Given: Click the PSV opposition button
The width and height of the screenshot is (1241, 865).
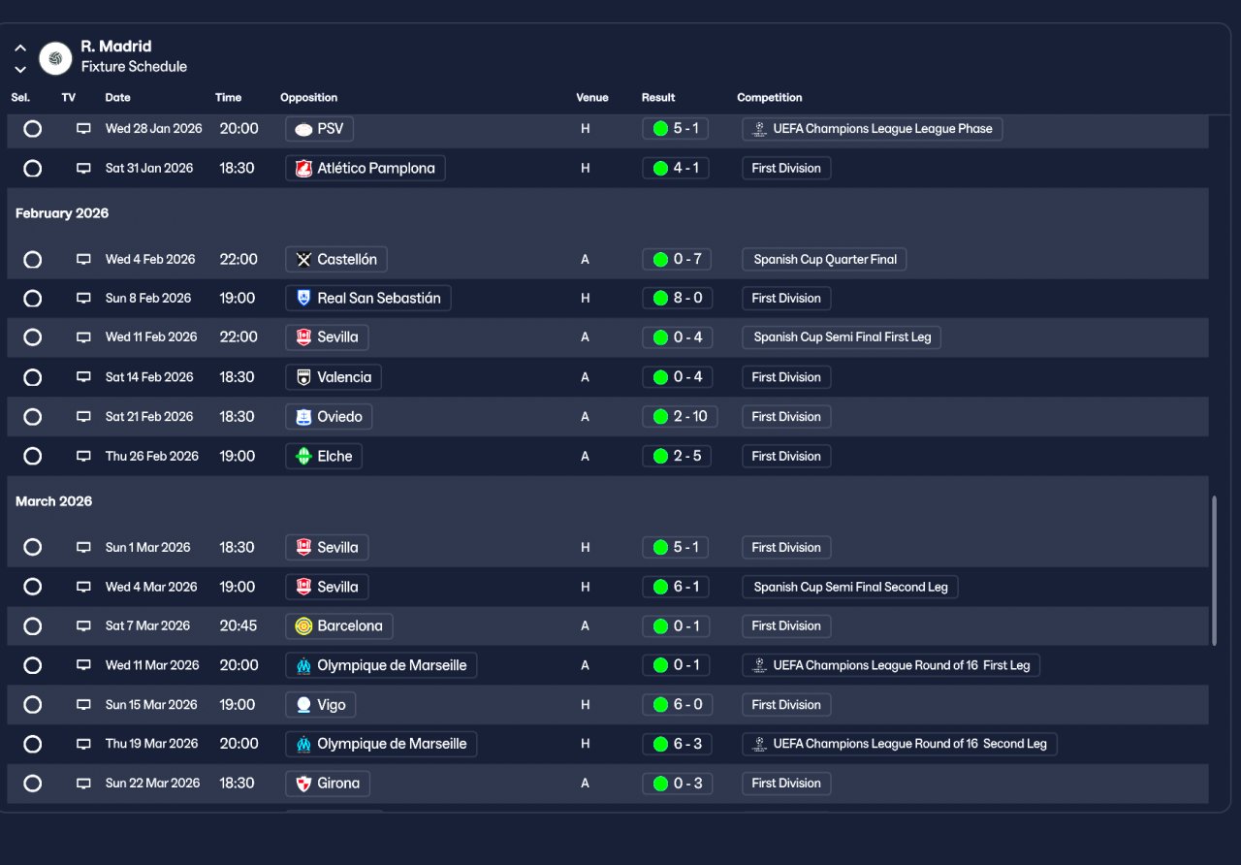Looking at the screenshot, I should pos(320,129).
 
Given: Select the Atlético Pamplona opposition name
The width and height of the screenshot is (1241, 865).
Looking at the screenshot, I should pos(366,169).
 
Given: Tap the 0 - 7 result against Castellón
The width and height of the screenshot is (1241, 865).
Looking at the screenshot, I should pos(677,260).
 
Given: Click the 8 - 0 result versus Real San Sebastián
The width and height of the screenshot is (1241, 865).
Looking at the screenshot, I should pos(677,299).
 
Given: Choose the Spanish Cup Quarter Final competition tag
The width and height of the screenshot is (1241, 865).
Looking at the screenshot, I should pos(824,260).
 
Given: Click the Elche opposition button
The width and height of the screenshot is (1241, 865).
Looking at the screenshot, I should pos(324,457).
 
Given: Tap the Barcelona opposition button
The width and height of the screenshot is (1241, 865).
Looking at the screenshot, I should pos(338,626).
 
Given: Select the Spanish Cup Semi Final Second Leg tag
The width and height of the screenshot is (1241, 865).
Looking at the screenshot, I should pos(849,587).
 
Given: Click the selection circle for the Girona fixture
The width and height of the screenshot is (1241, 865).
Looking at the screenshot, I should pos(33,784).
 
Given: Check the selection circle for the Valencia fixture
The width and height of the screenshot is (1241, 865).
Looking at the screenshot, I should pos(33,377).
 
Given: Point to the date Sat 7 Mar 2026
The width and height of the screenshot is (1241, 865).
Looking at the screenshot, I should pos(147,626).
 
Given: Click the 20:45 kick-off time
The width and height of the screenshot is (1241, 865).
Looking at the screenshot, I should pos(239,626).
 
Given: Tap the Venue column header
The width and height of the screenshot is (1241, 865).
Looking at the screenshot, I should pos(592,98).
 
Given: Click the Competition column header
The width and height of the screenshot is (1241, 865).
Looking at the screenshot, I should pos(769,98).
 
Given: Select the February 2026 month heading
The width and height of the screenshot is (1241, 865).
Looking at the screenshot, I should pos(62,213).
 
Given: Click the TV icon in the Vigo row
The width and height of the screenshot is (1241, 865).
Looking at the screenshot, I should pos(83,705).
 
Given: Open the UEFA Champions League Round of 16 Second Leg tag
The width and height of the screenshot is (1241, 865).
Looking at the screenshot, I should pos(900,745).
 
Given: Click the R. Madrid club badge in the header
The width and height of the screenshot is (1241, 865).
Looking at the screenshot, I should pos(55,58).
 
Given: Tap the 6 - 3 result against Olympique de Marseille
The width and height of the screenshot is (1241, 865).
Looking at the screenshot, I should pos(677,745).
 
